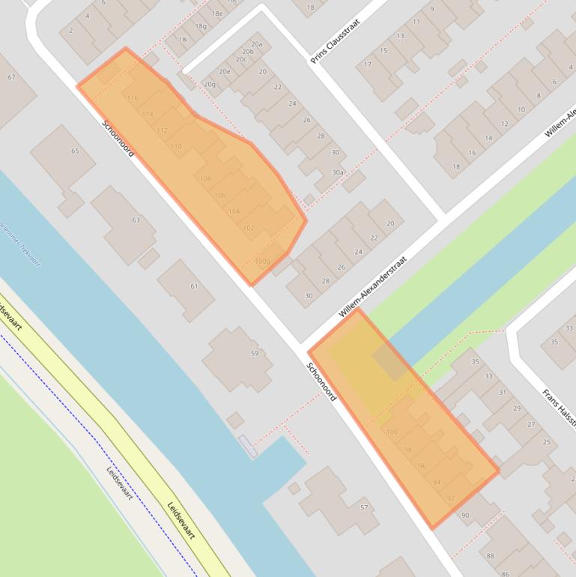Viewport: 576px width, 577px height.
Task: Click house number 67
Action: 11,77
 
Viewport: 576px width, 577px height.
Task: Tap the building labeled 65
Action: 74,151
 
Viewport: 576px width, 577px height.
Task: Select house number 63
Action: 136,220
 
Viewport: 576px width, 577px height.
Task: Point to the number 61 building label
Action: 194,286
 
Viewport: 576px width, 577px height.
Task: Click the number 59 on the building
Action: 254,354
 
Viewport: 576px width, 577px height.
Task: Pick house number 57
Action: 364,508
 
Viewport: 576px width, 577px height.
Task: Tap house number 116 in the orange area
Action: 133,98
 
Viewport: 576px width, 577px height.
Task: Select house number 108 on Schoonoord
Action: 205,178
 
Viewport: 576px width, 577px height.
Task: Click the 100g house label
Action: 262,262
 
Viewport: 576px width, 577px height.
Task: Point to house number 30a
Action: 338,172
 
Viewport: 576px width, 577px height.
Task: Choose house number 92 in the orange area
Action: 450,498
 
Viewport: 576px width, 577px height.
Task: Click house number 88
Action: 490,555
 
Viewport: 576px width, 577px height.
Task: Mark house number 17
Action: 368,64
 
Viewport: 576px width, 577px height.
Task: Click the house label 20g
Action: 209,84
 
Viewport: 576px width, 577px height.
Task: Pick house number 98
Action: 407,450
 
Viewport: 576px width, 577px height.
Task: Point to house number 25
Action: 547,442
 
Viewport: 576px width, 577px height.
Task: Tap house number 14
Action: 488,138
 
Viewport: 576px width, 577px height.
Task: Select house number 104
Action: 234,212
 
